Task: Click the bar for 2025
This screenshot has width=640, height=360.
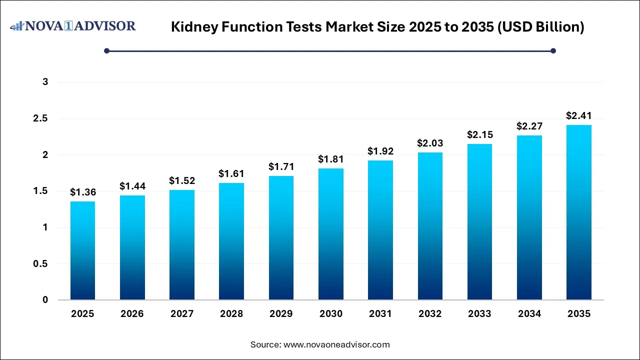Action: tap(82, 250)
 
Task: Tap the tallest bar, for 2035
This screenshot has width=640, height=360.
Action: tap(579, 212)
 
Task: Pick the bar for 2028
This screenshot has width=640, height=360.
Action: tap(231, 241)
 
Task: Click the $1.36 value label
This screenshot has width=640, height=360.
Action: tap(82, 192)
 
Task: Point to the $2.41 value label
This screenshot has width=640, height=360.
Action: tap(579, 115)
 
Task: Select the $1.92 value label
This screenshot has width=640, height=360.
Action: tap(380, 151)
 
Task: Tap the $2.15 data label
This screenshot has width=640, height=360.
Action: tap(480, 134)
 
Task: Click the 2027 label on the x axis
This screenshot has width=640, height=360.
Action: tap(182, 314)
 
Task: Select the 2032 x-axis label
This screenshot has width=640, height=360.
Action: tap(430, 314)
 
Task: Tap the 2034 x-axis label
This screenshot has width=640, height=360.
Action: tap(529, 314)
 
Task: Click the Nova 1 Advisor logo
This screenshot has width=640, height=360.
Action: tap(73, 26)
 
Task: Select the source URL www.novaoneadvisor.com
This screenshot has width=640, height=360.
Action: tap(336, 344)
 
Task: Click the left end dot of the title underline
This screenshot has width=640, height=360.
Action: tap(106, 50)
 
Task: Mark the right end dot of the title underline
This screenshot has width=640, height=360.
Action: tap(553, 50)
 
